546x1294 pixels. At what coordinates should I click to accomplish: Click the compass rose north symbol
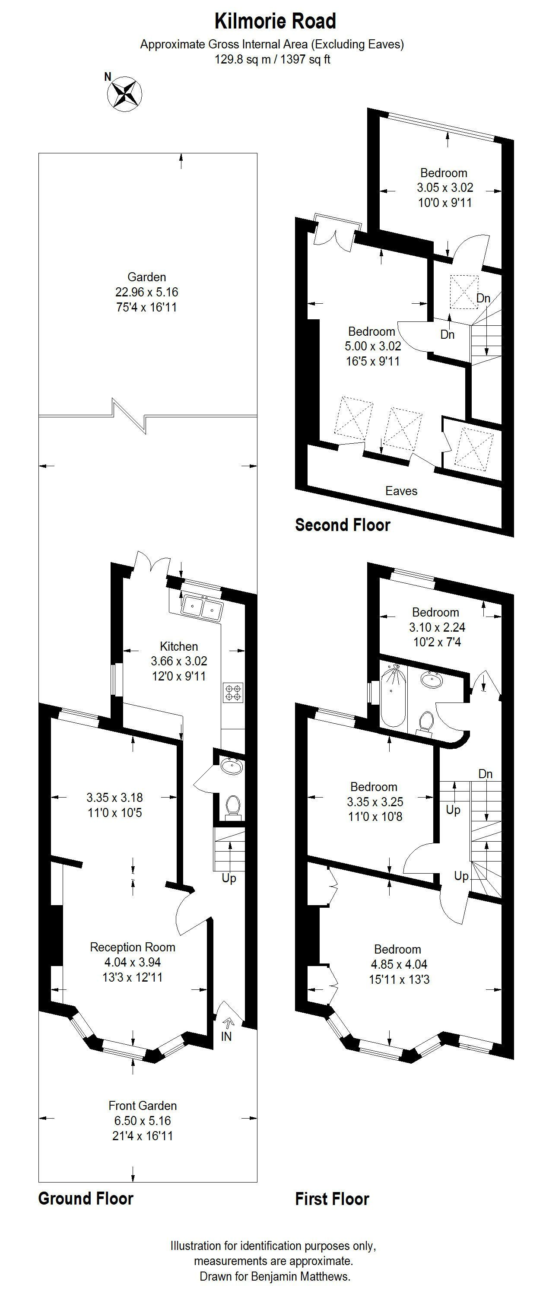[x=124, y=93]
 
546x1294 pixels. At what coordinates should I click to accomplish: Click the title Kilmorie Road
[x=275, y=22]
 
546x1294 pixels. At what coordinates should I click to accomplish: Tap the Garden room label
[x=147, y=277]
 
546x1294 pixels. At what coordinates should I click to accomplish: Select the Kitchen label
[x=179, y=646]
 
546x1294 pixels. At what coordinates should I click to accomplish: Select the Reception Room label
[x=133, y=947]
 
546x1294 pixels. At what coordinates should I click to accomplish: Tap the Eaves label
[x=401, y=491]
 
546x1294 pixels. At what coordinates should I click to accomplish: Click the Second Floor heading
[x=343, y=525]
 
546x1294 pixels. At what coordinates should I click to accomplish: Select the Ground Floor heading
[x=86, y=1199]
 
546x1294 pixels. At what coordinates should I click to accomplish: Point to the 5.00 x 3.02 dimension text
[x=373, y=346]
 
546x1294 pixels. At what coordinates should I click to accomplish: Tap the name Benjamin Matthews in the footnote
[x=300, y=1276]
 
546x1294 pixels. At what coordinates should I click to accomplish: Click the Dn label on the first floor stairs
[x=485, y=774]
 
